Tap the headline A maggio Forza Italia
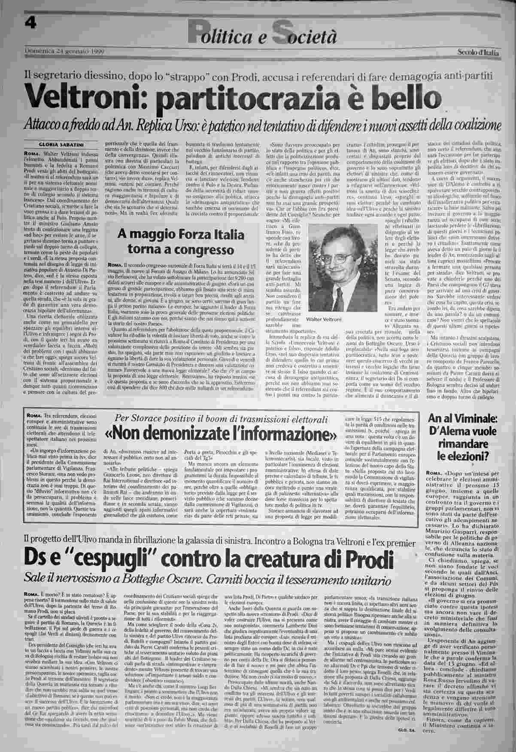(181, 235)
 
